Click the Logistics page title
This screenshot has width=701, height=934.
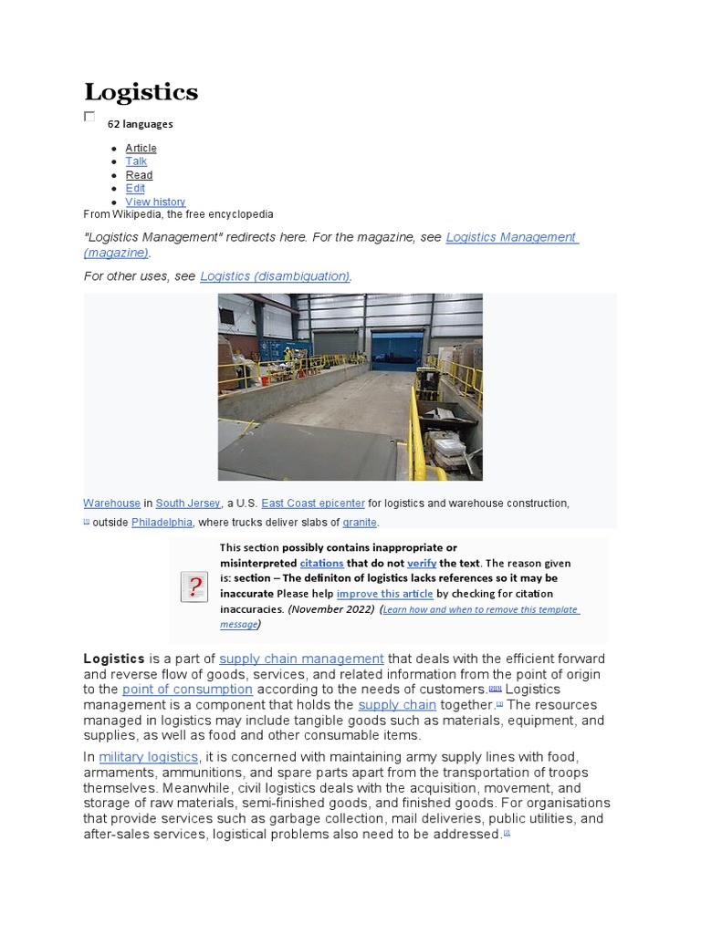141,92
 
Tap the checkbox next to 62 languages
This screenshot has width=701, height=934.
89,116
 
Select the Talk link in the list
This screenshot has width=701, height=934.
136,161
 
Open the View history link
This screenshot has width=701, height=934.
155,202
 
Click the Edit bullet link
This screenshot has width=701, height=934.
135,188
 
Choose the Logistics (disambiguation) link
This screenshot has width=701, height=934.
275,275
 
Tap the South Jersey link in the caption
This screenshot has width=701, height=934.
187,503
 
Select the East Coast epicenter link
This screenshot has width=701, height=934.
312,503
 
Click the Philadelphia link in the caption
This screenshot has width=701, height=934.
162,523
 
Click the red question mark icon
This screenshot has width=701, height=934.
194,587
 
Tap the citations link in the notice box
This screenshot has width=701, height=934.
321,564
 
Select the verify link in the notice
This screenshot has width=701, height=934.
422,564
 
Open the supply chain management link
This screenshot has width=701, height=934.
301,659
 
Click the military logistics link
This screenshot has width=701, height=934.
148,757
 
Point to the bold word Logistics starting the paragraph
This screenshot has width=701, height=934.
114,659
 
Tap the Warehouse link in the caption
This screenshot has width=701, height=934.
111,503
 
